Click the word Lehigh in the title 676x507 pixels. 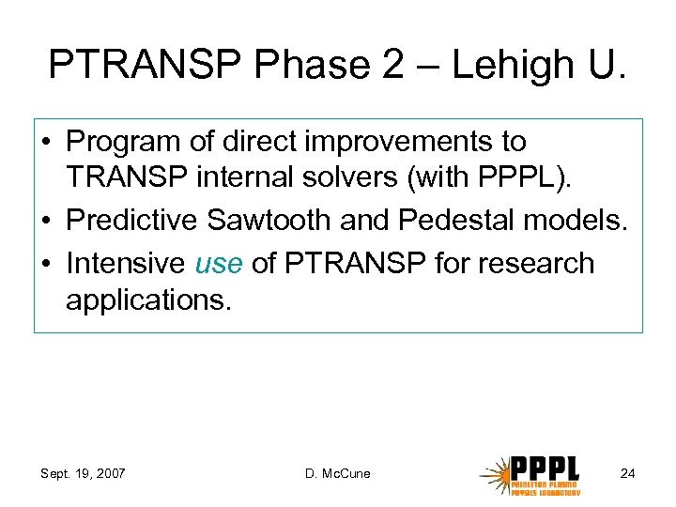tap(497, 64)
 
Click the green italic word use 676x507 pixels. tap(219, 263)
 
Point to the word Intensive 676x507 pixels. tap(125, 263)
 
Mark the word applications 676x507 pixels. tap(147, 302)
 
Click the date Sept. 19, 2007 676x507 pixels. tap(84, 473)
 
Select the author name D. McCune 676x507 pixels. tap(338, 473)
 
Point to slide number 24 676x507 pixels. tap(627, 473)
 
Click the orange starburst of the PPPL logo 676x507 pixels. tap(495, 474)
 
